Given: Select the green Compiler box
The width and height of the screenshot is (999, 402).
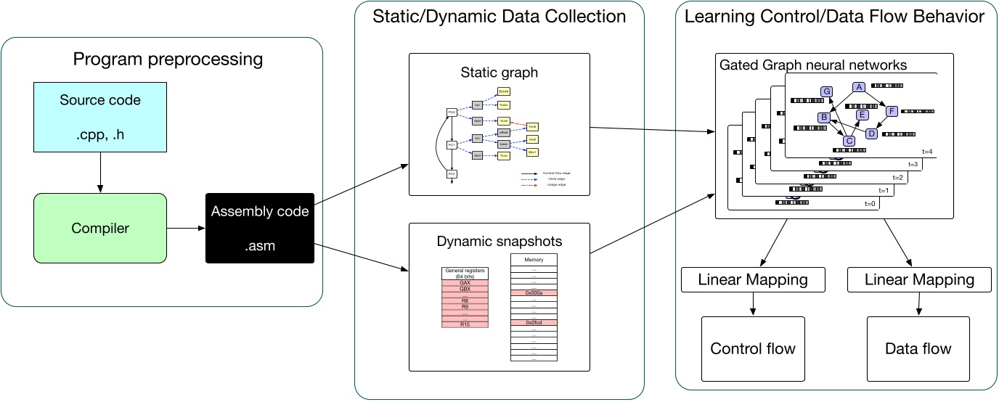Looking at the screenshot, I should pyautogui.click(x=100, y=229).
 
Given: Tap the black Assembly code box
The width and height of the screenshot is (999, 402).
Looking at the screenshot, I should pyautogui.click(x=260, y=228).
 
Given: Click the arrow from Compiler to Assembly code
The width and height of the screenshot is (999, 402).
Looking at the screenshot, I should pyautogui.click(x=186, y=229).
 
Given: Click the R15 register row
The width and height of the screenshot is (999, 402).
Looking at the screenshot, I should pyautogui.click(x=465, y=324).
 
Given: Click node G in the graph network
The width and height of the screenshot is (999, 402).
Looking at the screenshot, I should pyautogui.click(x=826, y=91).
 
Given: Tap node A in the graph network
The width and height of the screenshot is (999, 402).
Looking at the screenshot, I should pyautogui.click(x=859, y=87).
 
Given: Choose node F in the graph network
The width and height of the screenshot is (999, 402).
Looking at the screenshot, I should pyautogui.click(x=892, y=111).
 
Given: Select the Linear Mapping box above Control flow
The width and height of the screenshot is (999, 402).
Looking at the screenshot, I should pyautogui.click(x=753, y=279).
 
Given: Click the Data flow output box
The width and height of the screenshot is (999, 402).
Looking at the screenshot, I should pyautogui.click(x=918, y=349).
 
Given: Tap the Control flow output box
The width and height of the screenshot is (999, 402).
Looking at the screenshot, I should pyautogui.click(x=753, y=349).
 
